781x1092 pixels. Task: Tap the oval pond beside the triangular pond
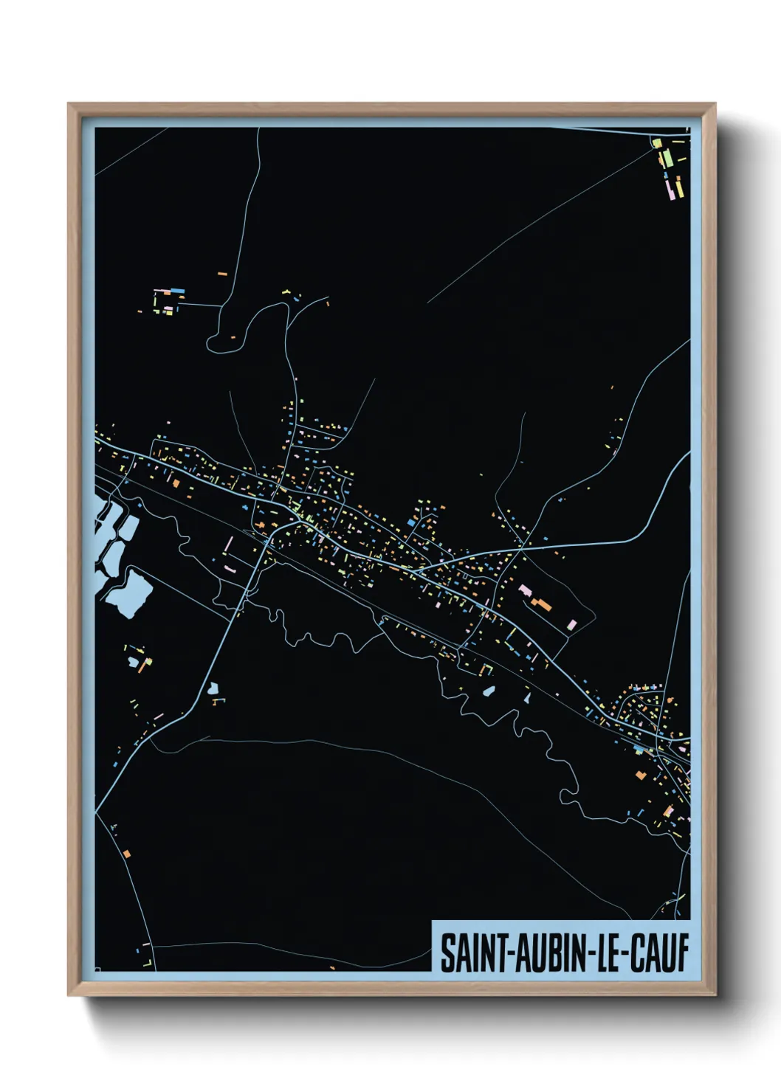click(x=489, y=692)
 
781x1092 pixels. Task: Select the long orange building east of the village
click(x=542, y=605)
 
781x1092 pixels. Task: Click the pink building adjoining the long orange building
click(x=526, y=591)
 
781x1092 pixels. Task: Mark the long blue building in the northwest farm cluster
click(x=176, y=291)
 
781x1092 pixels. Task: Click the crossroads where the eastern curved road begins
click(x=523, y=547)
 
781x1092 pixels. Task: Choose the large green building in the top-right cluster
click(x=667, y=158)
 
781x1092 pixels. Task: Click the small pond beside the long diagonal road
click(x=214, y=688)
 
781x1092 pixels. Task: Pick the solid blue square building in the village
click(x=411, y=522)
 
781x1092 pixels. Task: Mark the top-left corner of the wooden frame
click(x=69, y=104)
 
